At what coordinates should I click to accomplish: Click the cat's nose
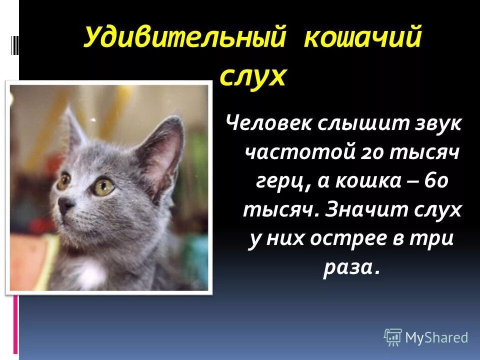[66, 204]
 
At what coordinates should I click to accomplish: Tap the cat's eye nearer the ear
[104, 186]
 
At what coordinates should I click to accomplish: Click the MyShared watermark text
[436, 337]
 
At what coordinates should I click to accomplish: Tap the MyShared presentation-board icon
[393, 337]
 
